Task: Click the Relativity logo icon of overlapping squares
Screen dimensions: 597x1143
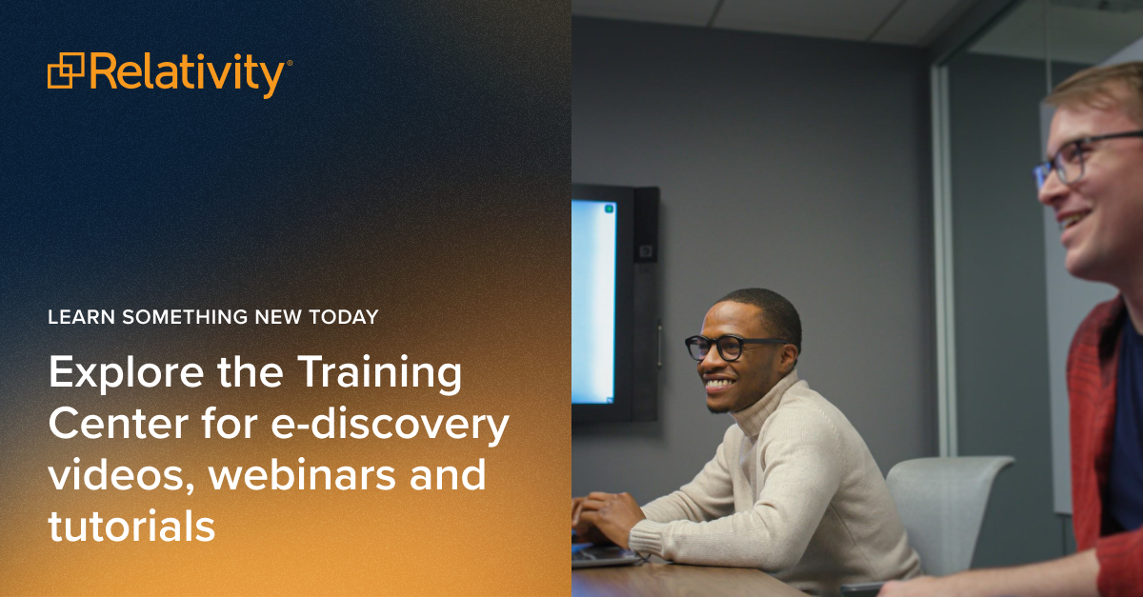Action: [x=66, y=71]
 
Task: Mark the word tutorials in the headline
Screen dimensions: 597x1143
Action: [x=131, y=526]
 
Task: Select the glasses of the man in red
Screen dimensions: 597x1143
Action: [x=1076, y=157]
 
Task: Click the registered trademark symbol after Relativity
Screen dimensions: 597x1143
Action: [x=290, y=63]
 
